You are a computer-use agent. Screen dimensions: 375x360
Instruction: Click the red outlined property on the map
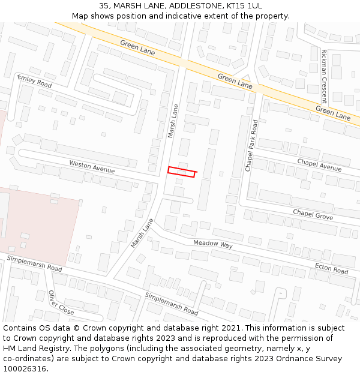(182, 172)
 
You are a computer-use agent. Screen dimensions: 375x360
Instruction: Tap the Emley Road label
(34, 81)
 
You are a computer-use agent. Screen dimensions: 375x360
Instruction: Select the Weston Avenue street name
(91, 166)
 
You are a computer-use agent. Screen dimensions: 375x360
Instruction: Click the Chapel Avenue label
(319, 164)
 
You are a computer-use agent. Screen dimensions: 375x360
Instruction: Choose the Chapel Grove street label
(313, 214)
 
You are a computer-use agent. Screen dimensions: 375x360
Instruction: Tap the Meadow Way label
(212, 245)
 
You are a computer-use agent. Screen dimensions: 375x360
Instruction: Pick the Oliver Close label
(61, 304)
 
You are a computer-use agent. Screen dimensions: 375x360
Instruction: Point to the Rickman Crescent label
(324, 76)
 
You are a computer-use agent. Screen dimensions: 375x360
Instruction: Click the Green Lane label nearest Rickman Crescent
(333, 114)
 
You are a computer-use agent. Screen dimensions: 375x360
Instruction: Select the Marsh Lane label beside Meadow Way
(142, 233)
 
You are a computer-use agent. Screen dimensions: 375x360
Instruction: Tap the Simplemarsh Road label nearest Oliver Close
(34, 263)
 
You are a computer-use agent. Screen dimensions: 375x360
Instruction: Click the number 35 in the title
(104, 5)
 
